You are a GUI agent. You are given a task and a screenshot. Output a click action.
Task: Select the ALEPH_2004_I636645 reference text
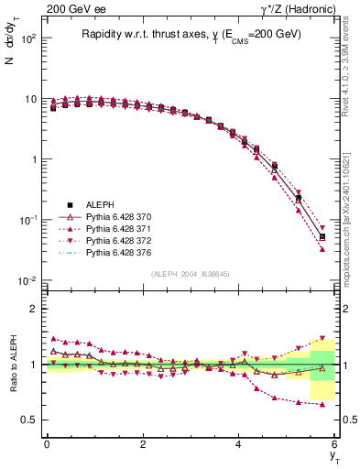(x=190, y=274)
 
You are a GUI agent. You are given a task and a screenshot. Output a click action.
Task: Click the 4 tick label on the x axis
(x=239, y=444)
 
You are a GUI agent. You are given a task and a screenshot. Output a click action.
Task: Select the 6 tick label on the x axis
(x=335, y=444)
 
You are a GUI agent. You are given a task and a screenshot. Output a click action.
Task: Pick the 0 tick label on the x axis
(x=47, y=444)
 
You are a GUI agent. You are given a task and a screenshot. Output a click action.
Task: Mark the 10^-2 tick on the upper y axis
(x=26, y=281)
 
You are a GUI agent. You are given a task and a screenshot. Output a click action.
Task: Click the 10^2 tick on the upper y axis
(x=27, y=38)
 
